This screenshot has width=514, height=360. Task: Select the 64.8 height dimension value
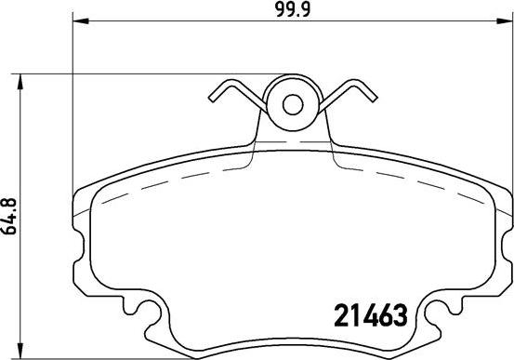tap(10, 220)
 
